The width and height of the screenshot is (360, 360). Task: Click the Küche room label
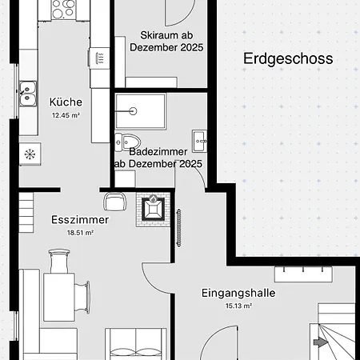pos(66,102)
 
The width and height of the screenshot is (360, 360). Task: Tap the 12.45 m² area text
pos(66,115)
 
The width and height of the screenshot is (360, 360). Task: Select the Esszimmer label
pos(80,220)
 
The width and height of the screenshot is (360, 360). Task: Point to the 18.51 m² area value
pos(80,233)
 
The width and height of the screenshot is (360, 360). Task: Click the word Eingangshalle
pos(238,293)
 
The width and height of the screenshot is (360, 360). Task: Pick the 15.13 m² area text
pos(238,306)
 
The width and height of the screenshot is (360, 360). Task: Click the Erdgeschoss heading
pos(288,58)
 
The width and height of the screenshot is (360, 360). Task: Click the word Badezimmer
pos(158,152)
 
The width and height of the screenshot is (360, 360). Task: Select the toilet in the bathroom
pos(128,142)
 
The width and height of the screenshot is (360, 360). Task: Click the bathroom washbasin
pos(200,141)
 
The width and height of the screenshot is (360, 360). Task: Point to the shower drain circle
pos(133,111)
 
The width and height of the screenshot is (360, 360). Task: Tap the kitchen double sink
pos(28,94)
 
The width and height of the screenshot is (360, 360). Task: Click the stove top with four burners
pos(63,9)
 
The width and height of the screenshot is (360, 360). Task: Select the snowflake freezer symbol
pos(30,154)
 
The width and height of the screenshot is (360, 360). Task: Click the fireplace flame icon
pos(153,198)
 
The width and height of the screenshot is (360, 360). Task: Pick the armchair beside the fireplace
pos(115,202)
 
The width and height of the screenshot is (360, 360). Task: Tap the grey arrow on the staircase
pos(321,342)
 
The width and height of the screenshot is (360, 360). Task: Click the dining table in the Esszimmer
pos(59,297)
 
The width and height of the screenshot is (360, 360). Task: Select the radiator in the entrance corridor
pos(178,227)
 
